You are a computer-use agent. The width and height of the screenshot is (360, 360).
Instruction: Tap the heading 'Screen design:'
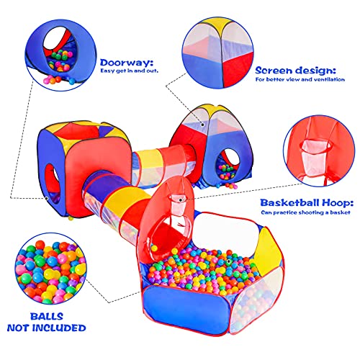pyautogui.click(x=294, y=71)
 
